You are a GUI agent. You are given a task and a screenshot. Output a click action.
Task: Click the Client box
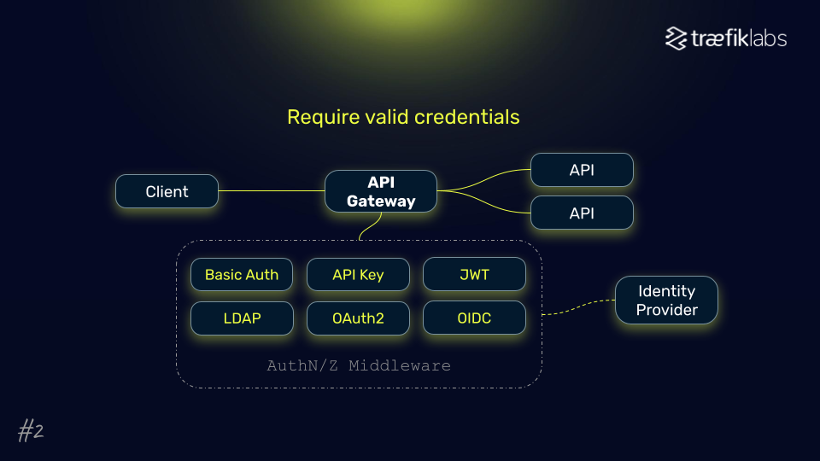167,191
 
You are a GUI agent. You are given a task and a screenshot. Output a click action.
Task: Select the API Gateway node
381,191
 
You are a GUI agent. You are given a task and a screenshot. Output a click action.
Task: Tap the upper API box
582,170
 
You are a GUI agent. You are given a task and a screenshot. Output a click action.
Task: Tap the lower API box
582,213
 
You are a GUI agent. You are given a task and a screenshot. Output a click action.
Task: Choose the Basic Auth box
242,275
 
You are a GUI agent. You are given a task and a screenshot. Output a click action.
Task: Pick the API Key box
358,275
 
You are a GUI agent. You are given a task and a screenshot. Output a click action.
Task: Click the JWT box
474,275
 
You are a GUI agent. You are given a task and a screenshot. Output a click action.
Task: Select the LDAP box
242,318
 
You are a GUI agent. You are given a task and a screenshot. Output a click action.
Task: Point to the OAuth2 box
358,318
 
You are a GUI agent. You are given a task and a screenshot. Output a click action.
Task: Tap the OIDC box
474,318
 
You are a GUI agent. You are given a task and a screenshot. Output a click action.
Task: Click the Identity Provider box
666,301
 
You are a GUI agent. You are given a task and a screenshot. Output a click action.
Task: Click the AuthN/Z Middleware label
359,365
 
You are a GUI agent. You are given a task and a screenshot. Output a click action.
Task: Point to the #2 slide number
31,432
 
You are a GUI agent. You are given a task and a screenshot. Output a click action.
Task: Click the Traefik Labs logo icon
676,38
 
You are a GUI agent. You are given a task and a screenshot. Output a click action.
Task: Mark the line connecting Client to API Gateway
272,191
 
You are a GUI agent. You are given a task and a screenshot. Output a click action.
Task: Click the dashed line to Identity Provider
579,308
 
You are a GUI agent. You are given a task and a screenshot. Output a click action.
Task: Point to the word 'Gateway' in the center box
381,201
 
